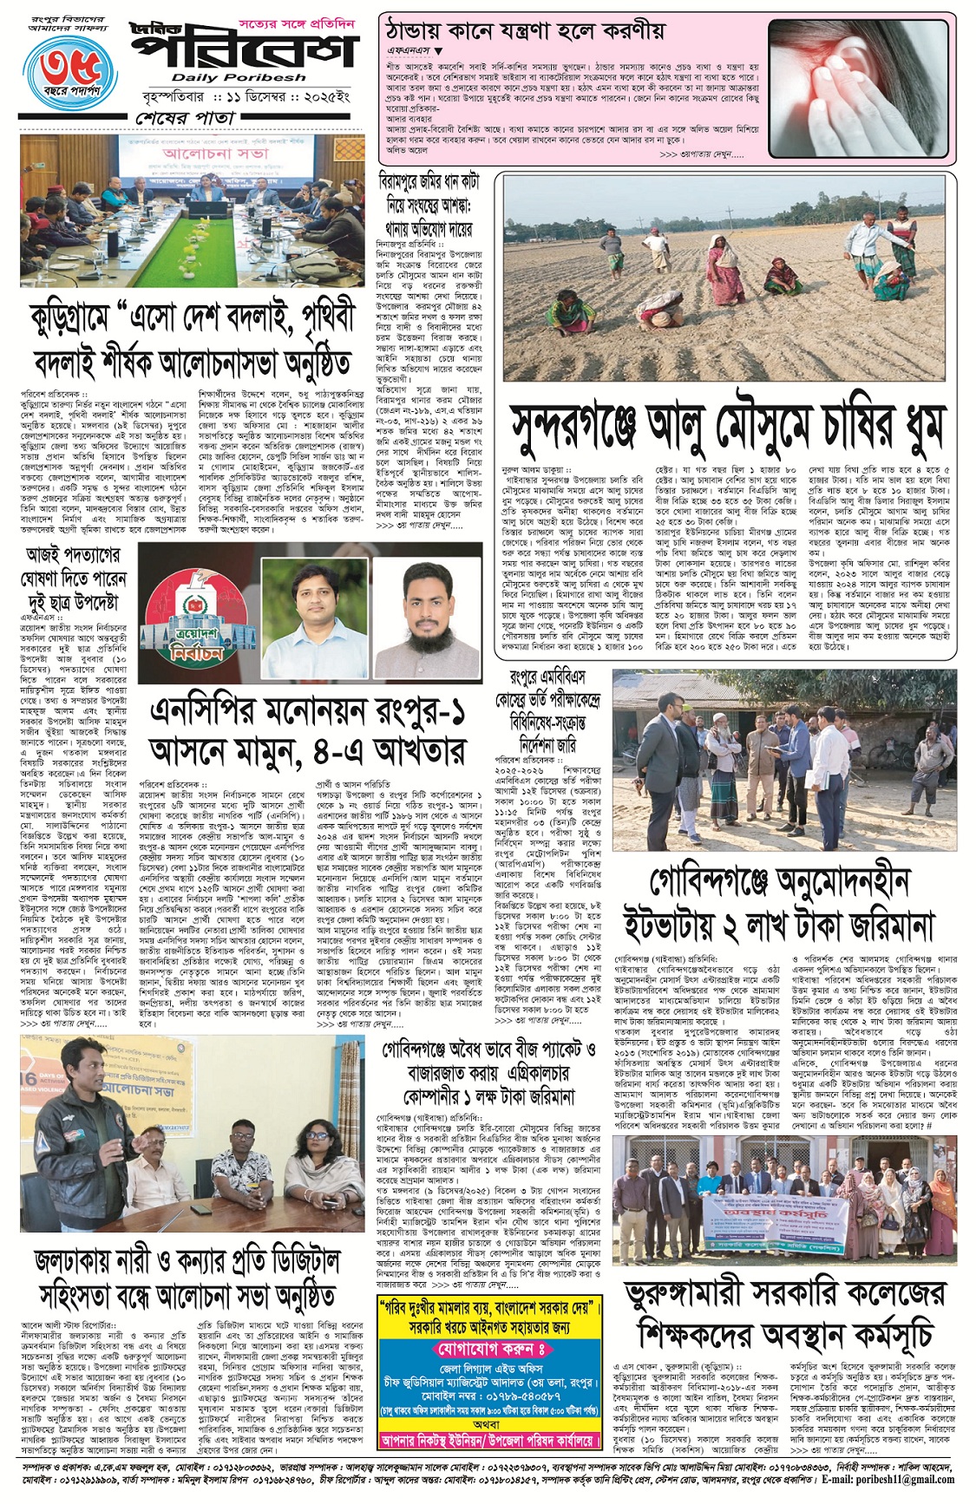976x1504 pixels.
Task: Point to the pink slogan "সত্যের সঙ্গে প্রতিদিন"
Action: [298, 25]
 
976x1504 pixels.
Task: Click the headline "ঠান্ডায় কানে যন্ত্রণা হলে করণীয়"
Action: [525, 32]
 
